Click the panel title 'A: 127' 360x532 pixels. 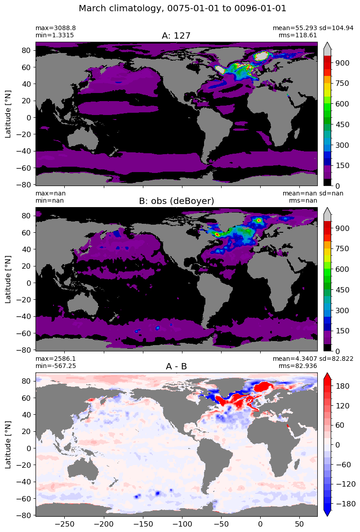click(176, 35)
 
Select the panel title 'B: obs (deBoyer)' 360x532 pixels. click(177, 201)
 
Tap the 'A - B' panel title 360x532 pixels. click(177, 367)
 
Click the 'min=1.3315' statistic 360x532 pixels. click(55, 35)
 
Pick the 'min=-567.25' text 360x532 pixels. click(56, 366)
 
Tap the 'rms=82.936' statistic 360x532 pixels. click(298, 366)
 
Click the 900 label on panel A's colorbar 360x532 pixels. click(342, 63)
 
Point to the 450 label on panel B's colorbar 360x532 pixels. click(342, 290)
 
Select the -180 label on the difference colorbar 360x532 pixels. click(344, 504)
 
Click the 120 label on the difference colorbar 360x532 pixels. click(342, 406)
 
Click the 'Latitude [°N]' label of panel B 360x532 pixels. click(8, 279)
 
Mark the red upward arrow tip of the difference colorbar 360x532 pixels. click(328, 372)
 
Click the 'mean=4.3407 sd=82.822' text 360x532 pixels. click(313, 359)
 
